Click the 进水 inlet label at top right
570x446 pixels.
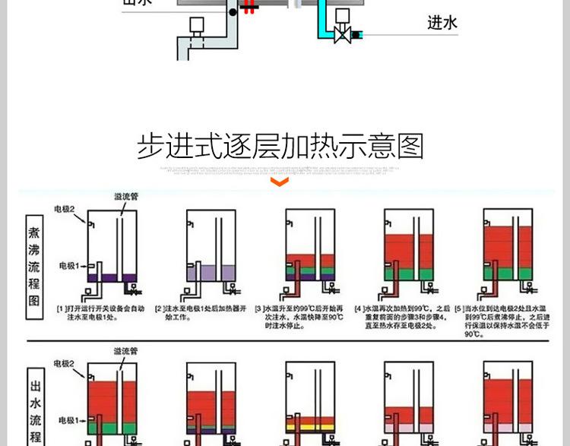click(442, 24)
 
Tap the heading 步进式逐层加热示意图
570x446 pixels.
click(280, 145)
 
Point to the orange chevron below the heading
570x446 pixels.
click(280, 182)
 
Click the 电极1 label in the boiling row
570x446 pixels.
click(70, 266)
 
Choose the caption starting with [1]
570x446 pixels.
click(100, 312)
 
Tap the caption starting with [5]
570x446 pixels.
click(502, 321)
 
